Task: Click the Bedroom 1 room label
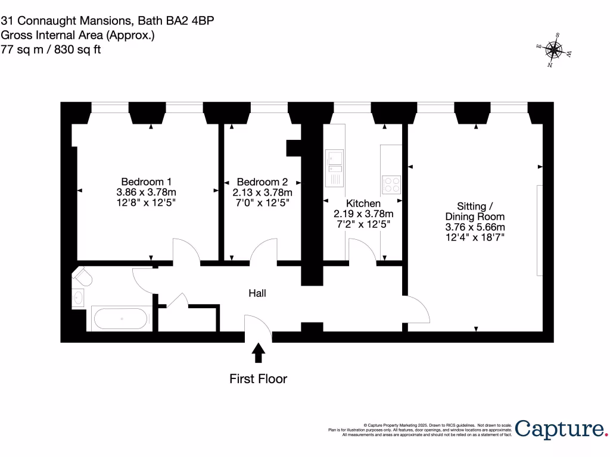click(147, 181)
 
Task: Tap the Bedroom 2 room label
click(262, 181)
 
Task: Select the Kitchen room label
click(363, 204)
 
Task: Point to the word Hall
click(257, 293)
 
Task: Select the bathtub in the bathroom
click(122, 318)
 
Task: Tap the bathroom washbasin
click(79, 298)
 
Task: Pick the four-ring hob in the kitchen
click(391, 184)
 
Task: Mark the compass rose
click(555, 51)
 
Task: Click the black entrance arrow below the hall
click(259, 352)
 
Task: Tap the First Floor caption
click(259, 379)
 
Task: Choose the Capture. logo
click(561, 429)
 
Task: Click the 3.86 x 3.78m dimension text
click(147, 193)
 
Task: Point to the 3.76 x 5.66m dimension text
click(475, 227)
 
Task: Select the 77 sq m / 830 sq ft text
click(51, 50)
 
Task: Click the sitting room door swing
click(417, 309)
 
